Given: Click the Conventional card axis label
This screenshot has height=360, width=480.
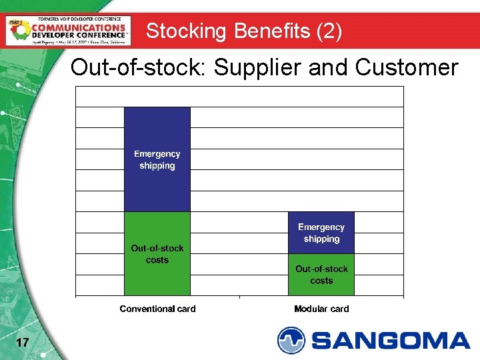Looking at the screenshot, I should [157, 309].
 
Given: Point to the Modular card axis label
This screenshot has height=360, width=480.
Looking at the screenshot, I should [321, 309].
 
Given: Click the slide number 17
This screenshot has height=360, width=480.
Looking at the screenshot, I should [22, 343].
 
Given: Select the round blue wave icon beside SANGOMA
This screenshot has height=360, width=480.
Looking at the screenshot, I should [291, 340].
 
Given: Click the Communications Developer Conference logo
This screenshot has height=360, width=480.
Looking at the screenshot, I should [67, 30].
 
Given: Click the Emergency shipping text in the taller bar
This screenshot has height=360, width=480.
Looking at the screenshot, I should [157, 159].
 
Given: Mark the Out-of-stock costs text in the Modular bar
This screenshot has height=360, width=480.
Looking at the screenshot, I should [321, 275].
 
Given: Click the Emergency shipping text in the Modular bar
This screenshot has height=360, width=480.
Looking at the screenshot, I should [321, 233].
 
